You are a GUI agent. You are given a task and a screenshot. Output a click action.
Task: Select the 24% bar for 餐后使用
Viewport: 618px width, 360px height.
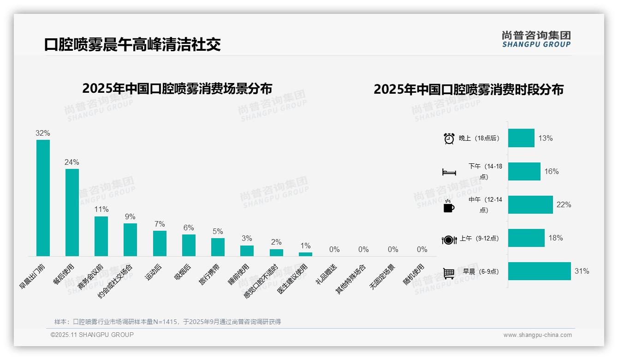click(x=72, y=212)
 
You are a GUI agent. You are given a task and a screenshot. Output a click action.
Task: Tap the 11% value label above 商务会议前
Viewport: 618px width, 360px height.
click(x=101, y=210)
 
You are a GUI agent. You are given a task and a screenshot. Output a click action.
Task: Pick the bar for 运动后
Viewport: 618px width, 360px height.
click(x=160, y=243)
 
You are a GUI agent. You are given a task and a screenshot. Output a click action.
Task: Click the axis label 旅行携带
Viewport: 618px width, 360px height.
click(x=210, y=274)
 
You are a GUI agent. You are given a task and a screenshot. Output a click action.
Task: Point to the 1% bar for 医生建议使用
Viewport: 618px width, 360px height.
click(x=305, y=254)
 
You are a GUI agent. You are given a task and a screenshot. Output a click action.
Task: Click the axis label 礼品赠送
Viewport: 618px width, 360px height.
click(x=327, y=274)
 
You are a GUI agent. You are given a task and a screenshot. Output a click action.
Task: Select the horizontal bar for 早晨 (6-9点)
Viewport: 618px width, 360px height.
click(x=539, y=271)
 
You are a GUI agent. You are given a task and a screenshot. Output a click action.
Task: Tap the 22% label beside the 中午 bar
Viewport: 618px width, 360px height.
click(x=564, y=205)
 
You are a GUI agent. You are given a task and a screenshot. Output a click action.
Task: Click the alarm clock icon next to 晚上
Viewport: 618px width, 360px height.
click(x=449, y=138)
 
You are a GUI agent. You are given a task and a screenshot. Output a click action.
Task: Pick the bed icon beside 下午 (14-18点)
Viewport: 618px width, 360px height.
click(x=449, y=172)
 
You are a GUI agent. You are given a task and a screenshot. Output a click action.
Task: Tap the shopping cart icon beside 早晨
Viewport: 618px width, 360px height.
click(x=449, y=273)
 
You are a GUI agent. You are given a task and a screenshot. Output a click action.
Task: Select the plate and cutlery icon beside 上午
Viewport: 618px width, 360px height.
click(x=449, y=240)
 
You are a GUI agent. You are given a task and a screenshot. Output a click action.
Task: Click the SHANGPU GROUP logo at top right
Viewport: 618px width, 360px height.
click(x=536, y=39)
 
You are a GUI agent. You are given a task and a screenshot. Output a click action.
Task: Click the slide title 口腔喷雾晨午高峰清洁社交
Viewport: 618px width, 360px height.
click(x=132, y=44)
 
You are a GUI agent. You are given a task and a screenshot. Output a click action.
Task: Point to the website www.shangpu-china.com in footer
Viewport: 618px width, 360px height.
click(x=537, y=335)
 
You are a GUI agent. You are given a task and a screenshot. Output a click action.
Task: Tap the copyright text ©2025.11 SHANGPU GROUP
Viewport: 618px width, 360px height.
click(x=92, y=335)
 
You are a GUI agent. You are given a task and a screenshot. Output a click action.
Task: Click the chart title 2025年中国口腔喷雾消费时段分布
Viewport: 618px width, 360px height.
click(x=469, y=90)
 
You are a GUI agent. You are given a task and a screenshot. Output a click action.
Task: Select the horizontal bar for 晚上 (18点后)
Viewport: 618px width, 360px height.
click(x=521, y=138)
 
